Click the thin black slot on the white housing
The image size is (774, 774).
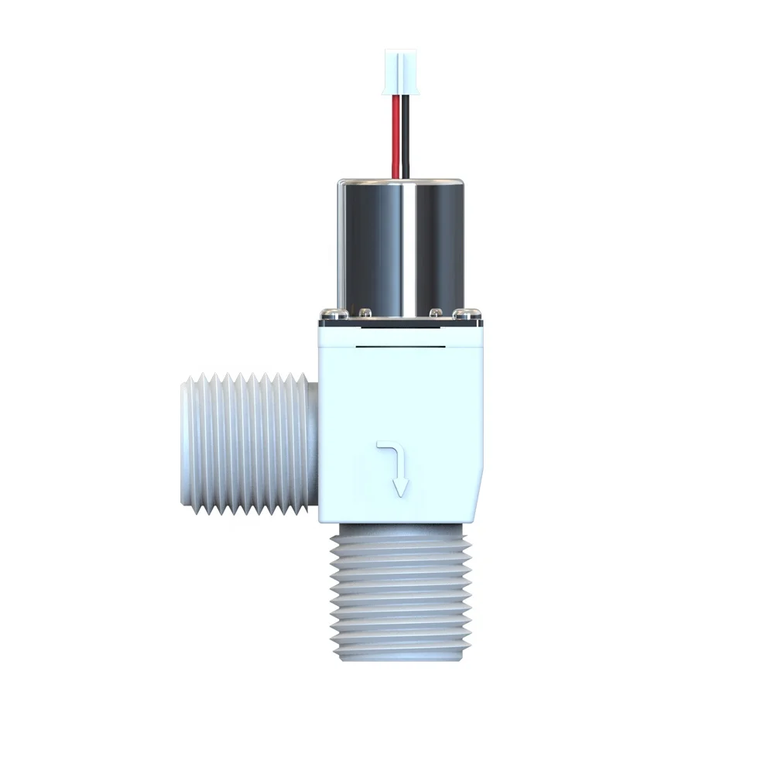400,348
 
